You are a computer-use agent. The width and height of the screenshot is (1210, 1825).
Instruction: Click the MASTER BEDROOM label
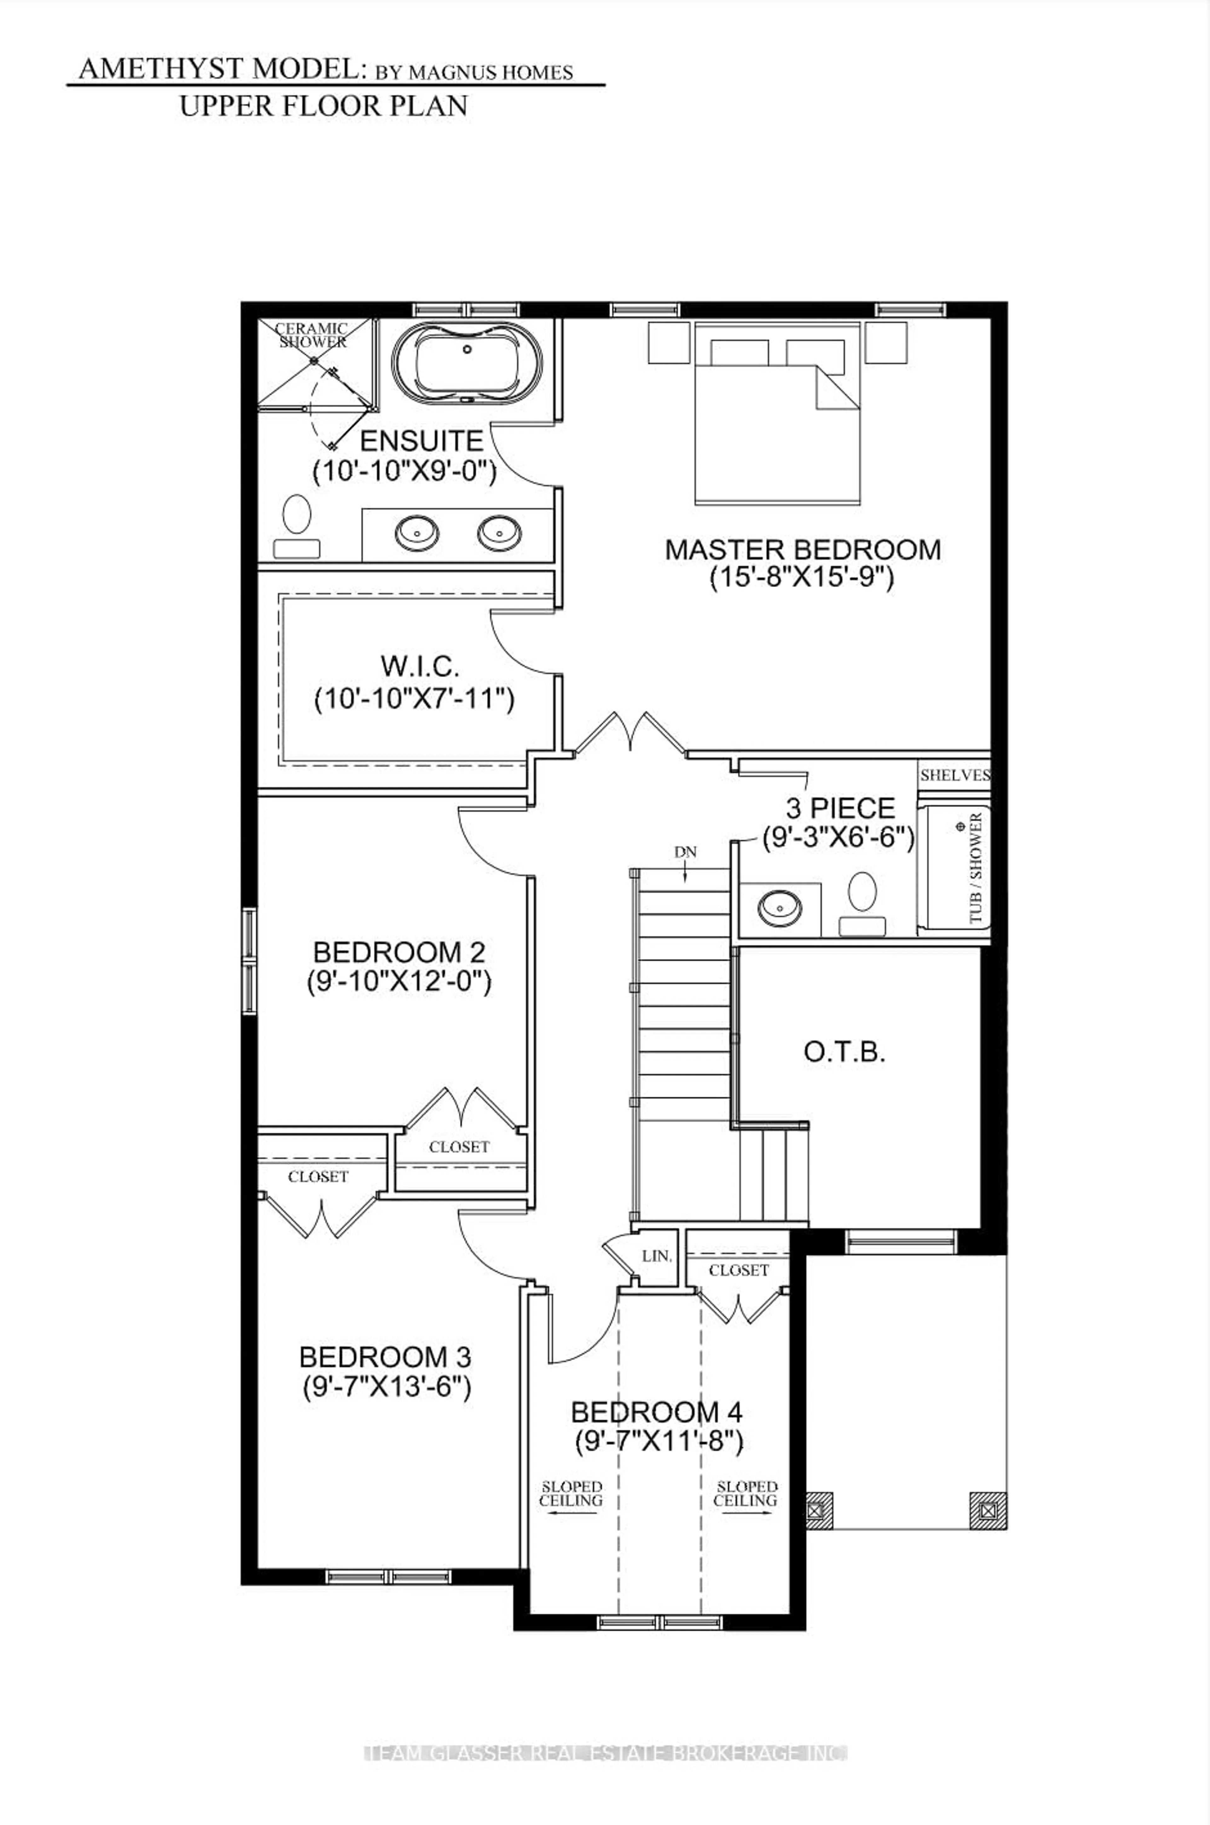tap(803, 549)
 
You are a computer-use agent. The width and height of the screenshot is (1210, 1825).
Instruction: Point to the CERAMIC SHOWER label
tap(313, 335)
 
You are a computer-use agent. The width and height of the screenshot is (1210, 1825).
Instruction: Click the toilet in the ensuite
tap(296, 525)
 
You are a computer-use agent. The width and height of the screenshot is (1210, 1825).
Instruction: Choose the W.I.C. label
tap(420, 666)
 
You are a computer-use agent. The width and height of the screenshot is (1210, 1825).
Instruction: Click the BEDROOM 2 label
tap(399, 951)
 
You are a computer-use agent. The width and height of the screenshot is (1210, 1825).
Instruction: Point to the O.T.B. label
tap(844, 1052)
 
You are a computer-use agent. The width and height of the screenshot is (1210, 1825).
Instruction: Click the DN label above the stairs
tap(685, 852)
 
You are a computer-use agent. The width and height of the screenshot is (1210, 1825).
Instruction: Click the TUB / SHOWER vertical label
tap(976, 868)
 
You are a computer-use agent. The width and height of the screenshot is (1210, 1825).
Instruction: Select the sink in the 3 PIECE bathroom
tap(779, 907)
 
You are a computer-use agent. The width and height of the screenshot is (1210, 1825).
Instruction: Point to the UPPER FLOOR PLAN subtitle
tap(323, 106)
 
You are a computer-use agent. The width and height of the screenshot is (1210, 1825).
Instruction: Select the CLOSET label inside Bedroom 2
tap(459, 1147)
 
